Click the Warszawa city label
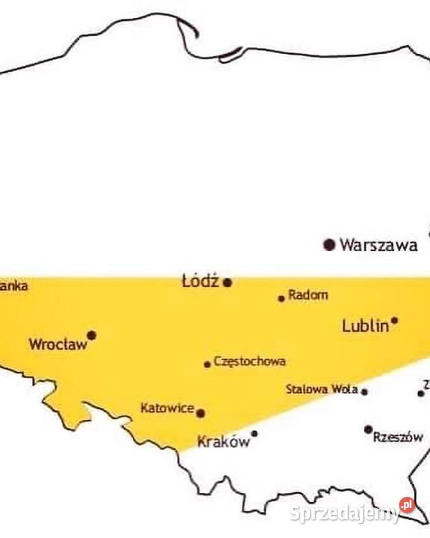[x=378, y=245]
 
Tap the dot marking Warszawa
[x=328, y=244]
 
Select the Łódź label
[x=199, y=281]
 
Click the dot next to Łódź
[x=228, y=282]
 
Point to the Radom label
[x=308, y=295]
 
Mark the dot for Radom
[x=281, y=298]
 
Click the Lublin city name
[x=365, y=326]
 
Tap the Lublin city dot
[x=394, y=321]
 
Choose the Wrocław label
[x=58, y=344]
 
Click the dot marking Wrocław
[x=92, y=335]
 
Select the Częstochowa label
[x=249, y=362]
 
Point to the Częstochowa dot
[x=208, y=364]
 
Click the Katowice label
[x=167, y=409]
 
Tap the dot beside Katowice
[x=200, y=412]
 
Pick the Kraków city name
[x=223, y=442]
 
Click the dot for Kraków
[x=254, y=433]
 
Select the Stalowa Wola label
[x=322, y=389]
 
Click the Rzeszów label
[x=398, y=437]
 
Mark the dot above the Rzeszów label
[x=368, y=429]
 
